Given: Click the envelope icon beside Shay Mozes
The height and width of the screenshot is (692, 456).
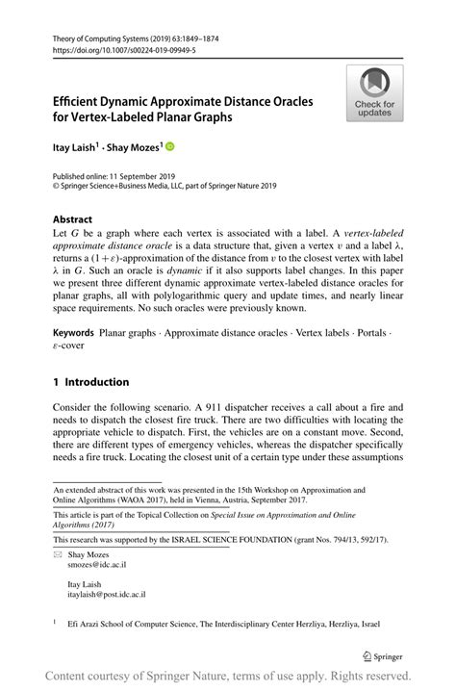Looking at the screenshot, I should (x=58, y=556).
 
